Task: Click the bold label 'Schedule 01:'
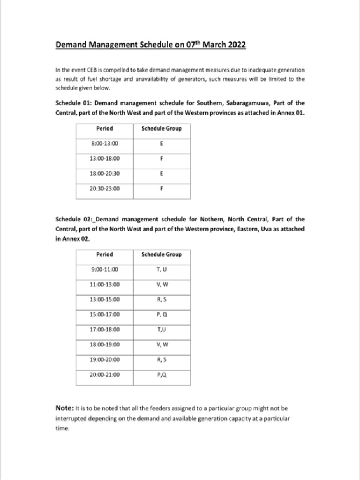click(x=74, y=103)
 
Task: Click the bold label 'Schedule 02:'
click(x=74, y=219)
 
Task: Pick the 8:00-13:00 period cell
click(x=105, y=144)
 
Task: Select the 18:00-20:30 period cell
click(x=105, y=173)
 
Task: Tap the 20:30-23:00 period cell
click(x=105, y=188)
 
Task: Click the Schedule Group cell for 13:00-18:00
click(x=161, y=159)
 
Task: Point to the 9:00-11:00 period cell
click(x=105, y=270)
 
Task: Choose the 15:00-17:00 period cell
click(x=105, y=315)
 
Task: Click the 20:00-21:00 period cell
click(x=105, y=375)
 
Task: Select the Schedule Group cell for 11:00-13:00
click(x=161, y=285)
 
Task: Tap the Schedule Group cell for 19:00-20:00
click(x=161, y=360)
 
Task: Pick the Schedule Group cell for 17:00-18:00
click(x=161, y=330)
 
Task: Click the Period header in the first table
click(x=105, y=128)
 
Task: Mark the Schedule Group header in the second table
click(x=161, y=255)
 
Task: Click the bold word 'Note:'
click(x=65, y=408)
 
